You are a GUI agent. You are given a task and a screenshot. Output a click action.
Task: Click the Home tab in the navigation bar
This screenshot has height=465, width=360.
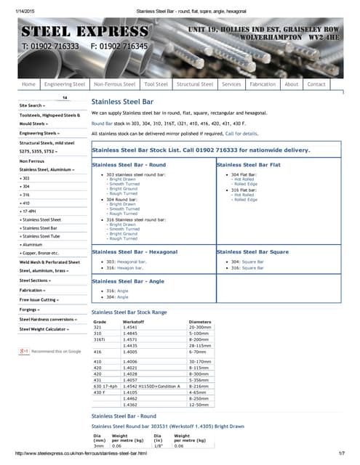29,84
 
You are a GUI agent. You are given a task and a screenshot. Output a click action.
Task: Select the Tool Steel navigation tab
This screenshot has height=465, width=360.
156,84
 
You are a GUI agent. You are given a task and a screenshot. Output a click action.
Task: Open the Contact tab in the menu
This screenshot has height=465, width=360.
316,84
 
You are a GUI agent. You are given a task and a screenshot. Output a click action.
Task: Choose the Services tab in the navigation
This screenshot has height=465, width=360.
231,84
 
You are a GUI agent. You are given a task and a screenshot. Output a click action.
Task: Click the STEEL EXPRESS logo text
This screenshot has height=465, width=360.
84,32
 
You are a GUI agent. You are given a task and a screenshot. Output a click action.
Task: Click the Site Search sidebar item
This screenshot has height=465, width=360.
36,105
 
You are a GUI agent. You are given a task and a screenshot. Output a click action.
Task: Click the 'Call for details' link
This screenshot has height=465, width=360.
241,134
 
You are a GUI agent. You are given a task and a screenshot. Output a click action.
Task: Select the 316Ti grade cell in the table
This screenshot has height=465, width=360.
100,359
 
